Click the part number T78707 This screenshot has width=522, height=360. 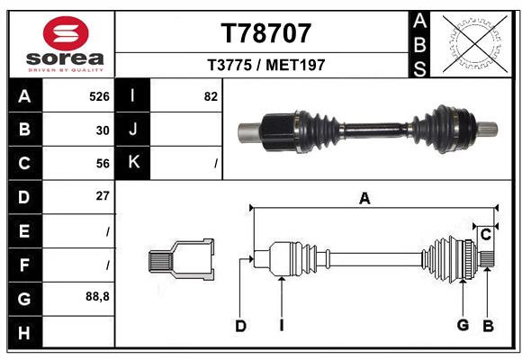(265, 33)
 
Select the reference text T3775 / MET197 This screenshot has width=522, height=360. (265, 65)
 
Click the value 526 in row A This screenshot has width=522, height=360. (99, 95)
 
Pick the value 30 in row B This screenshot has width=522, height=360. (103, 130)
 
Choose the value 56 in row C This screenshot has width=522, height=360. (103, 163)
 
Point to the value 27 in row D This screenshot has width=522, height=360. (103, 196)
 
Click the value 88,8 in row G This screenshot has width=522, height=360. (98, 296)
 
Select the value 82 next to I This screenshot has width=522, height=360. (211, 95)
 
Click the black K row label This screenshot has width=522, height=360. (134, 163)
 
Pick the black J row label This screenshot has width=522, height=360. (134, 130)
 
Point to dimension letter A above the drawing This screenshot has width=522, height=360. (364, 199)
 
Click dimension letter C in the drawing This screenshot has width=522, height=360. (485, 236)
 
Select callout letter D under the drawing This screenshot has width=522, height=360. (240, 326)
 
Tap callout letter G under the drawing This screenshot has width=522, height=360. (463, 326)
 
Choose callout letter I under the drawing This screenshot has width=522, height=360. (281, 326)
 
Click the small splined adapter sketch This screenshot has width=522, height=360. (181, 260)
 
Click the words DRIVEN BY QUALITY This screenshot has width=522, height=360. (65, 68)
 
